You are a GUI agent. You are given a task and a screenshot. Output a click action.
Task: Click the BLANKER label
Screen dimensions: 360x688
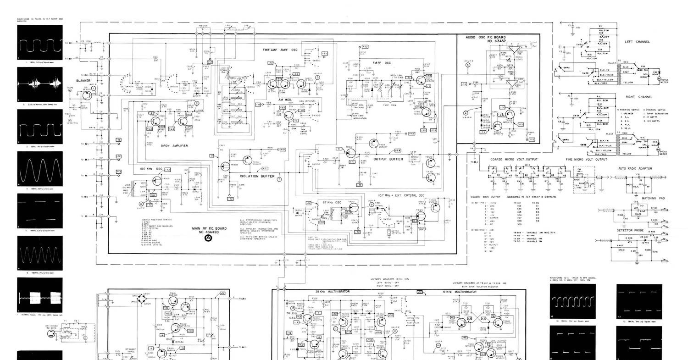83,80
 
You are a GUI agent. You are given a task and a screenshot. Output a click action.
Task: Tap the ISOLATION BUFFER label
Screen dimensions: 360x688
257,176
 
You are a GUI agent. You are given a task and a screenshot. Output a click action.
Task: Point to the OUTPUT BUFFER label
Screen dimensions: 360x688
388,159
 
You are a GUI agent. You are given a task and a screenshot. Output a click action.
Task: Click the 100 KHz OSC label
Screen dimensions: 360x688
151,169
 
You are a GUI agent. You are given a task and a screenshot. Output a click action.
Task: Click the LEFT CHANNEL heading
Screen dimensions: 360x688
637,42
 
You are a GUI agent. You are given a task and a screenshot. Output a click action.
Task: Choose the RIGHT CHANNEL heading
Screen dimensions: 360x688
639,97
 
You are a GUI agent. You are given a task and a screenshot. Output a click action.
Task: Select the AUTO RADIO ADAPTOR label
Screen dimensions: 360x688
635,168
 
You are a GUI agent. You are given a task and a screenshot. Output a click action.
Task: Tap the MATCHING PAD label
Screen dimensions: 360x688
652,198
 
